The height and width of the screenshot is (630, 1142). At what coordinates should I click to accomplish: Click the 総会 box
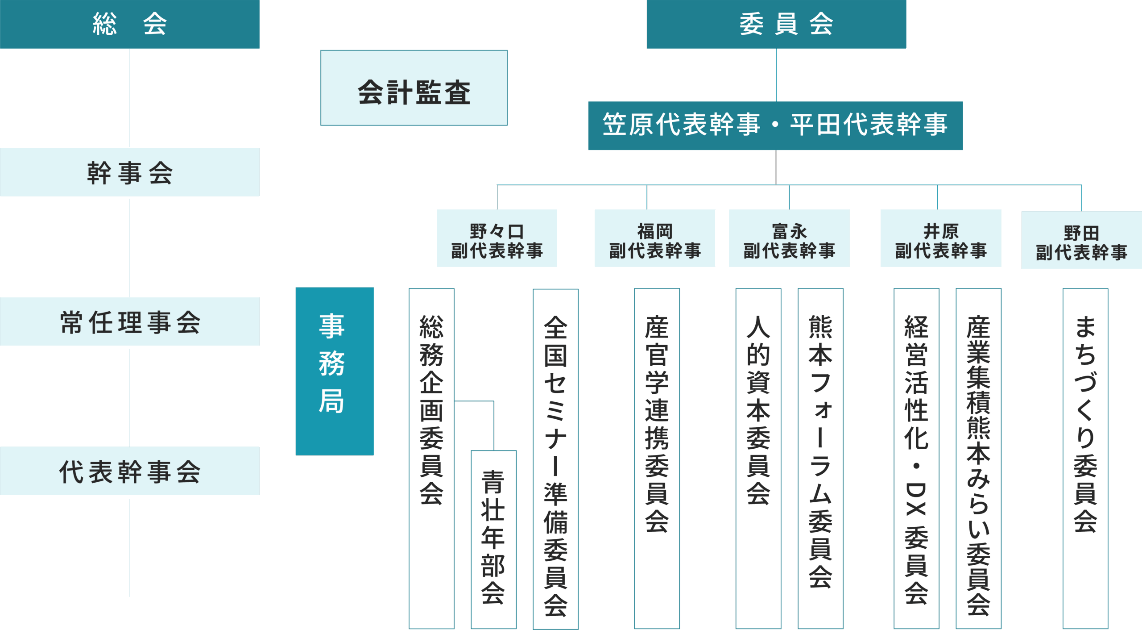coord(129,24)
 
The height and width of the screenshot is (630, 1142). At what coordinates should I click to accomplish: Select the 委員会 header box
coord(776,24)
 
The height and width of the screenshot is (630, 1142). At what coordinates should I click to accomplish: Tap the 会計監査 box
coord(414,88)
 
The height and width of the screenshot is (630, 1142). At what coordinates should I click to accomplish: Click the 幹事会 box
coord(129,172)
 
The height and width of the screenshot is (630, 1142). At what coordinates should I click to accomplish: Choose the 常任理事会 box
coord(129,321)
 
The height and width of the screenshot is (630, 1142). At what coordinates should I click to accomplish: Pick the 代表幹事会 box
coord(129,471)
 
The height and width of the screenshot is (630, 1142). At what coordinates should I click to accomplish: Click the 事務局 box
coord(335,371)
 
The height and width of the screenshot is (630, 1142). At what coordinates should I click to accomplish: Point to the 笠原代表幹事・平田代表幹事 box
coord(775,125)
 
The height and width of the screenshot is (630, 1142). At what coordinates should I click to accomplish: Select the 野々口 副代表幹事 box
coord(497,238)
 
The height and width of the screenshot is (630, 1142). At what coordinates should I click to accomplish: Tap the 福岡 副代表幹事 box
coord(655,238)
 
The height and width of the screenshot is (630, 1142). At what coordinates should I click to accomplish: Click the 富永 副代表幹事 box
coord(789,238)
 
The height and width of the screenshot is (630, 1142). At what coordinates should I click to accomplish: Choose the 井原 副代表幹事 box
coord(941,238)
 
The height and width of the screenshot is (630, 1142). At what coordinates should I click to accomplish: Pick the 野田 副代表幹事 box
coord(1081,240)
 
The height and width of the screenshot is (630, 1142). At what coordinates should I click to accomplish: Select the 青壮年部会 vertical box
coord(493,539)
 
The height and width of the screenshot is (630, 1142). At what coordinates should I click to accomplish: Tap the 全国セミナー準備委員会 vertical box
coord(555,459)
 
